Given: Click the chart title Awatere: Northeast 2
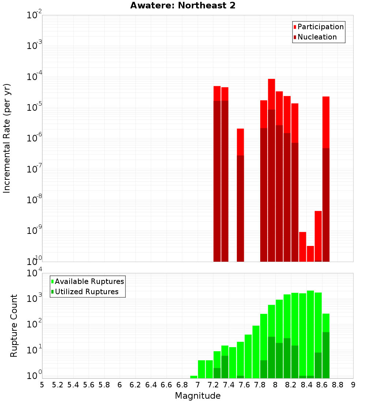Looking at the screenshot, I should [x=183, y=6].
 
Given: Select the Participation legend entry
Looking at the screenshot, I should [x=318, y=27].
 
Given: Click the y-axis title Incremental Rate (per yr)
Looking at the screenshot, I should [x=7, y=138].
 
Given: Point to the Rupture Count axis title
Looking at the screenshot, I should [x=14, y=325].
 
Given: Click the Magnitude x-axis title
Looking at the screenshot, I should [x=198, y=396].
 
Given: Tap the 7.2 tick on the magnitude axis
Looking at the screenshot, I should [x=213, y=384].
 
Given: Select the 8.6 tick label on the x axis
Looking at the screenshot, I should [x=322, y=384].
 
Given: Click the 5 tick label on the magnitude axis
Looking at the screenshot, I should [x=42, y=384].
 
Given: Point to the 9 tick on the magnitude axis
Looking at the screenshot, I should [x=353, y=384].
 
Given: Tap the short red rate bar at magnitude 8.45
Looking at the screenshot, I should [x=310, y=254].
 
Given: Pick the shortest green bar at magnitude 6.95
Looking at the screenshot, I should [x=194, y=377].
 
